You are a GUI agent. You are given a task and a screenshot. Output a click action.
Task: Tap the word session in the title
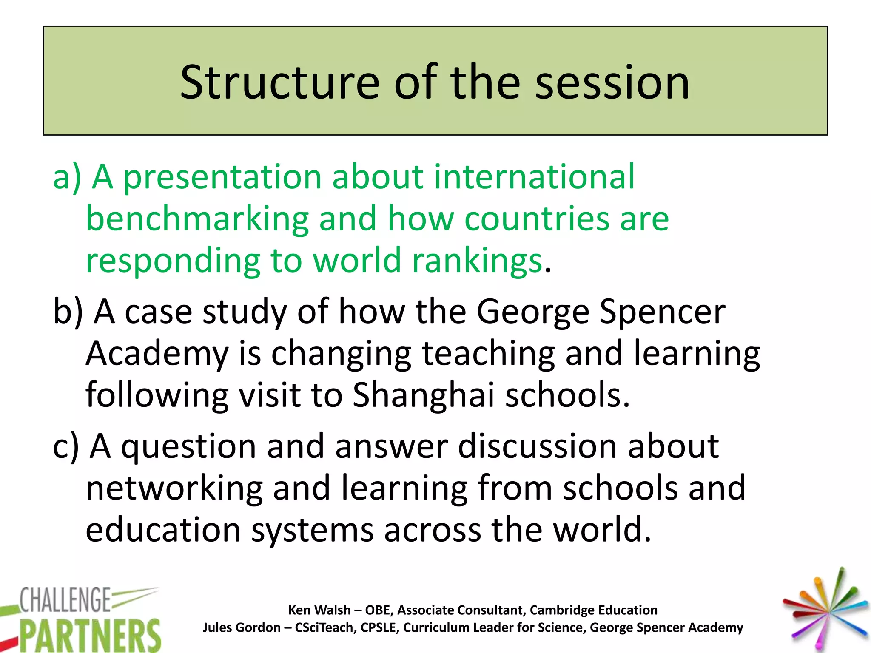pyautogui.click(x=612, y=83)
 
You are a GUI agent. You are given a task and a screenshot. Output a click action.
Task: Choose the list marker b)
pyautogui.click(x=68, y=312)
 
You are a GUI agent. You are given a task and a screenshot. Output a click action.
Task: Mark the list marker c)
pyautogui.click(x=66, y=446)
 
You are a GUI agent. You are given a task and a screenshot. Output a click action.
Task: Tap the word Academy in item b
pyautogui.click(x=157, y=354)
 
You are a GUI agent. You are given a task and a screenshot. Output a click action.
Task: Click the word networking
pyautogui.click(x=174, y=488)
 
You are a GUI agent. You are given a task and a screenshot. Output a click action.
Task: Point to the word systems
pyautogui.click(x=312, y=531)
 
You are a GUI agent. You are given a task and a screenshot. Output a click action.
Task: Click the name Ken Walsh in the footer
pyautogui.click(x=319, y=610)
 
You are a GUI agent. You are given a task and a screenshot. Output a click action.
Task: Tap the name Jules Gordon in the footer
pyautogui.click(x=241, y=627)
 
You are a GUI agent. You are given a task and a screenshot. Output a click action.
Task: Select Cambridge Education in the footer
pyautogui.click(x=593, y=610)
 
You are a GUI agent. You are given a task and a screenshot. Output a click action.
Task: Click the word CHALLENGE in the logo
pyautogui.click(x=65, y=599)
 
